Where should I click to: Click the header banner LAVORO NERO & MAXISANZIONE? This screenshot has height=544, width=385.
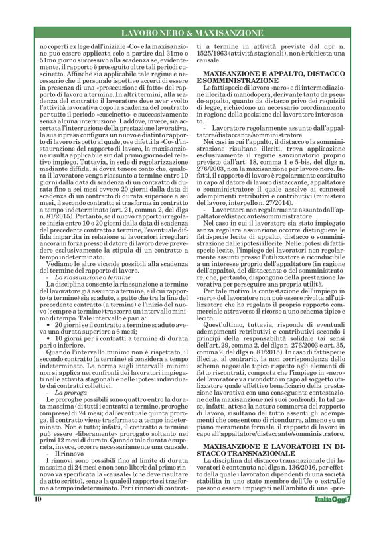pos(192,32)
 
